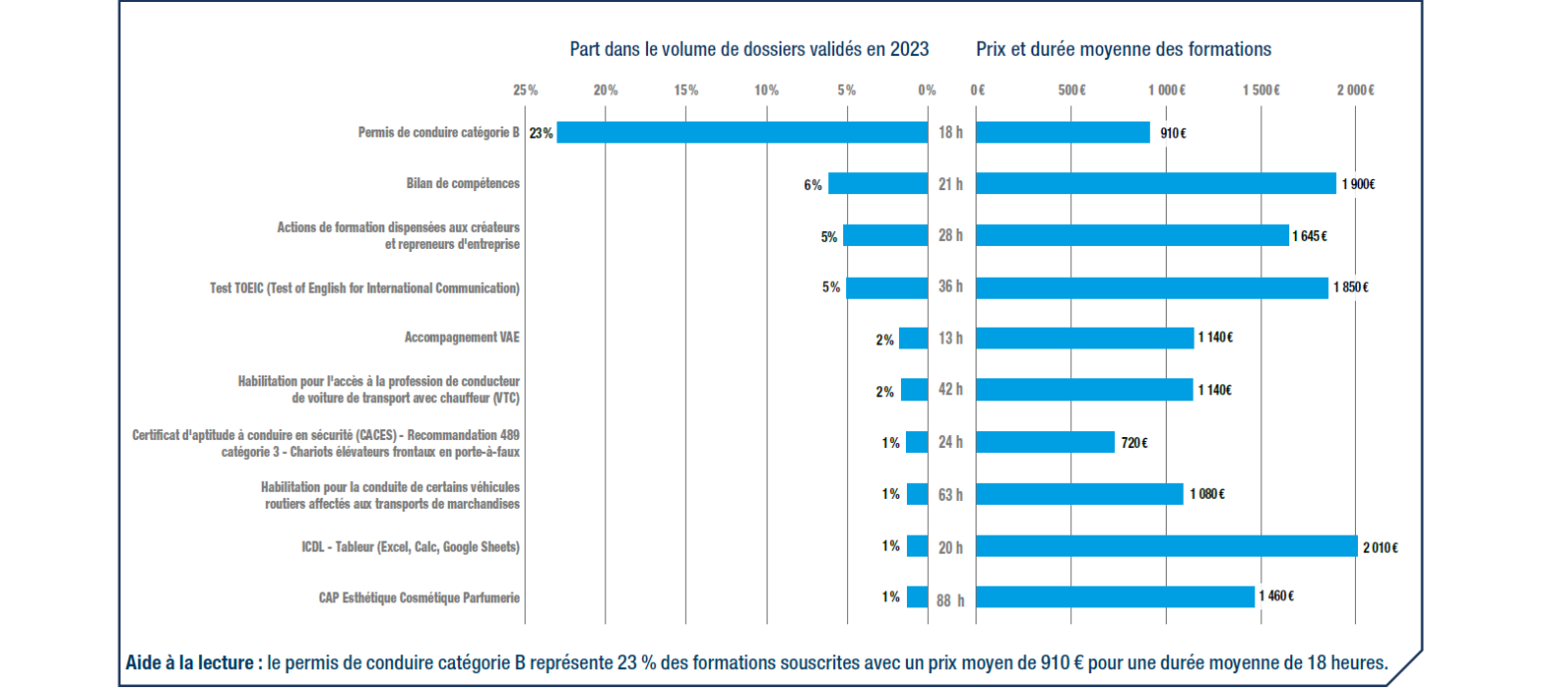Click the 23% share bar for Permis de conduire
coord(742,132)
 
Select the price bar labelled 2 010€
coord(1166,546)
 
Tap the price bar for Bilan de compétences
coord(1155,184)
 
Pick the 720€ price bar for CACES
coord(1044,442)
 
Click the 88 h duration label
coord(951,598)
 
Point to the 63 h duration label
coord(951,494)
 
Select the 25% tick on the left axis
coord(526,90)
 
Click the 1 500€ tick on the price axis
coord(1260,90)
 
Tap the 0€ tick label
coord(978,90)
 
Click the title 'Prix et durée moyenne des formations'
coord(1123,48)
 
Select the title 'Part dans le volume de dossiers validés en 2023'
coord(750,48)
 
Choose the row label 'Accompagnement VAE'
coord(462,338)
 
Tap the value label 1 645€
coord(1310,236)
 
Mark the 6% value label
coord(813,184)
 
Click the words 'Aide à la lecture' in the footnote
coord(194,663)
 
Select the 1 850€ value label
coord(1351,288)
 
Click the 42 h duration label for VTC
coord(951,390)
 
